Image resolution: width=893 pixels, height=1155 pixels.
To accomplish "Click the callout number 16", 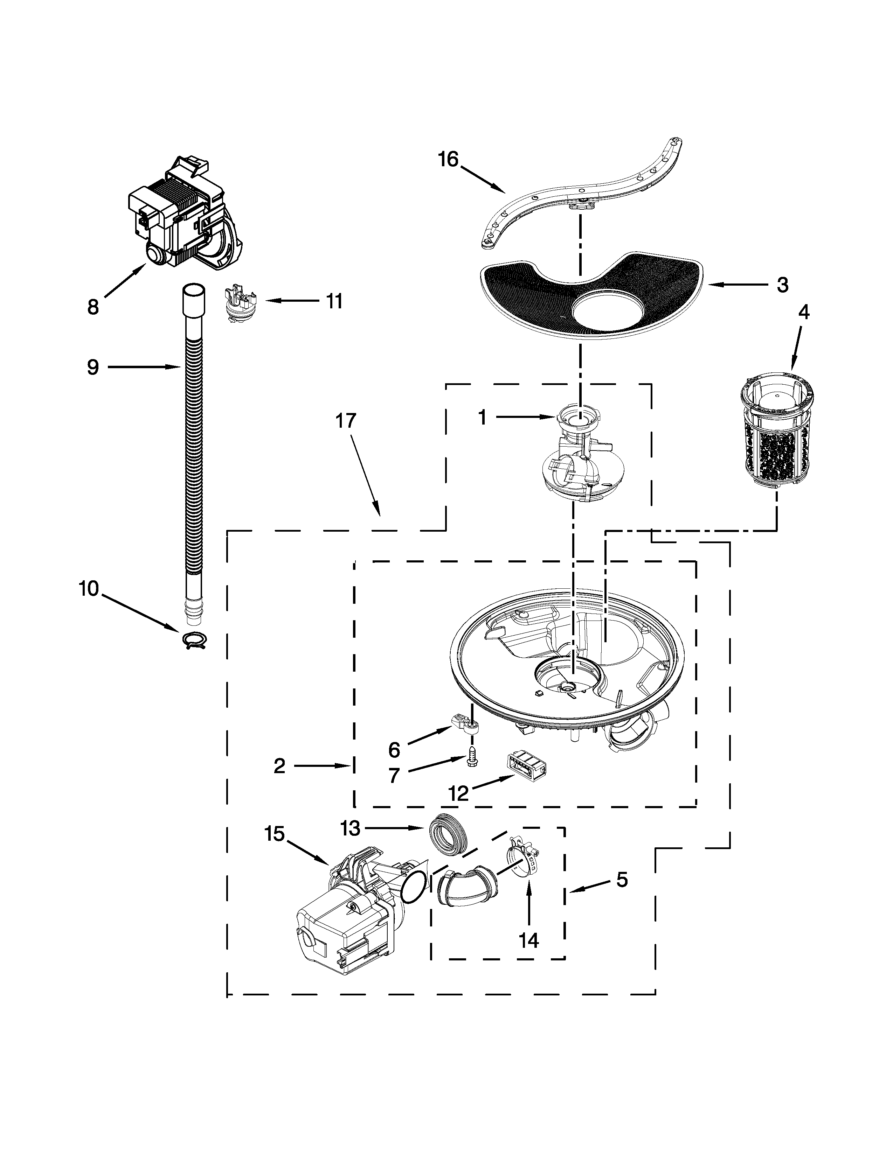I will [448, 159].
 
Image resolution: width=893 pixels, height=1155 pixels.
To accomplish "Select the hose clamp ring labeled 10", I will [194, 640].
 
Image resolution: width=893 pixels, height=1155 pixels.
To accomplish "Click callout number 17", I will [346, 421].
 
